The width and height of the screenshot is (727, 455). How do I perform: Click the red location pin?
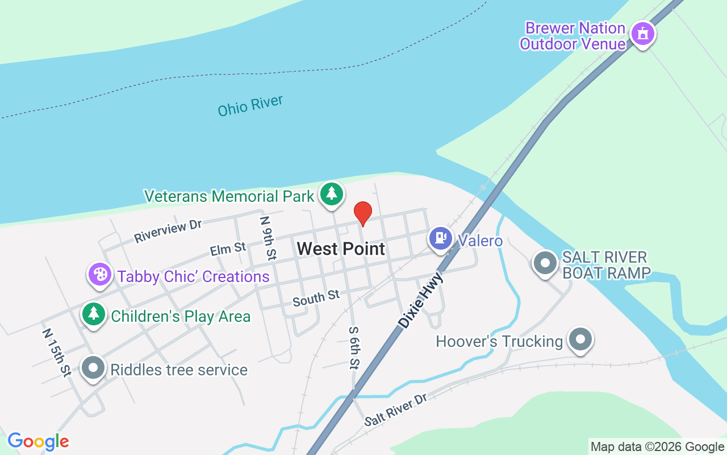pos(363,213)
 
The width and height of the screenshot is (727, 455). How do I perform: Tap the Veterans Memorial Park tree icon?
pos(331,194)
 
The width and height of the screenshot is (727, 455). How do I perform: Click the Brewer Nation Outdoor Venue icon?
pos(643,34)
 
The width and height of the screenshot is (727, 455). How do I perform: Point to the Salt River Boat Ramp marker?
pos(545,263)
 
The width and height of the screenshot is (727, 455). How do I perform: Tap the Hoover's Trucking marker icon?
pos(580,340)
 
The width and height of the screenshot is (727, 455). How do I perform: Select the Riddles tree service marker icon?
pos(94,368)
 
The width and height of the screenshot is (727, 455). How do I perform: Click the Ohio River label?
pos(250,106)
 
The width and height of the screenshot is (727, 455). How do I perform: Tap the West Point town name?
pos(341,249)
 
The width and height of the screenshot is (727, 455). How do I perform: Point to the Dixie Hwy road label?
pos(421,300)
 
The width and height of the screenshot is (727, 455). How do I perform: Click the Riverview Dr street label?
pos(168,231)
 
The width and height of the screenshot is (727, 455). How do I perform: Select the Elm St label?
pos(228,249)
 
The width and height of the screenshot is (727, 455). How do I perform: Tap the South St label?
pos(316,298)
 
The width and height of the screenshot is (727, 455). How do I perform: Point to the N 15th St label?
pos(57,351)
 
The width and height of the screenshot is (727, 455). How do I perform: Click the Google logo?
pos(38,441)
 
